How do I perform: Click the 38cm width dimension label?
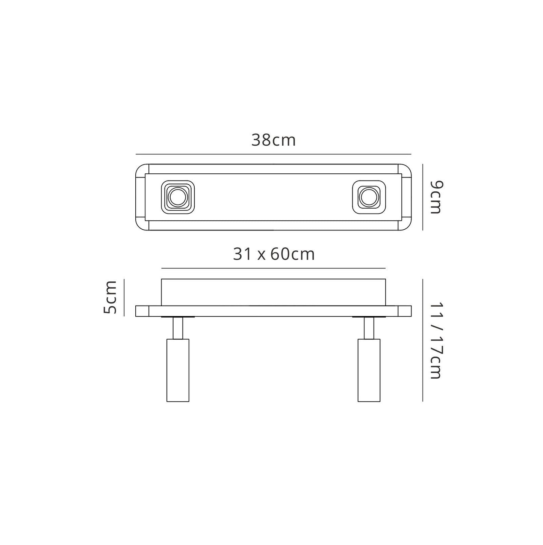tap(273, 140)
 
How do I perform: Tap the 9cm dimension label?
tap(436, 197)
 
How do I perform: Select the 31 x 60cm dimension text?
tap(274, 254)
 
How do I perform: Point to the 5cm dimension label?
tap(110, 297)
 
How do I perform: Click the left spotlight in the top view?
tap(178, 197)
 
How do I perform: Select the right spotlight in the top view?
tap(369, 197)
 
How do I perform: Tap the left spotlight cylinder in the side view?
tap(178, 370)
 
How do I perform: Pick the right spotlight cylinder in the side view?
tap(369, 370)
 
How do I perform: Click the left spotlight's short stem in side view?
tap(178, 328)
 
